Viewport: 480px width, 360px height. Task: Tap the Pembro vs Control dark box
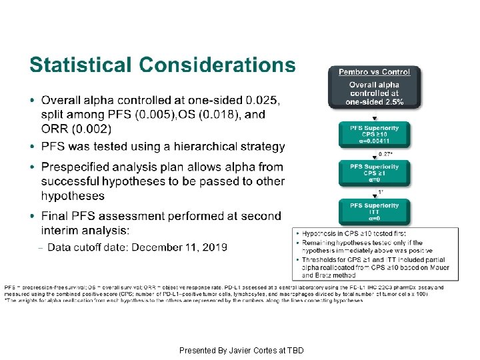(x=373, y=87)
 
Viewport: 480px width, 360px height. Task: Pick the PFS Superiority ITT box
(x=374, y=211)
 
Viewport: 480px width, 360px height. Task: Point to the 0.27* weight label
(x=385, y=154)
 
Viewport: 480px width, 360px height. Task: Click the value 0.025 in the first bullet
(x=263, y=101)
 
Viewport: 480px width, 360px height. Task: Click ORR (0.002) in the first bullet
(x=76, y=129)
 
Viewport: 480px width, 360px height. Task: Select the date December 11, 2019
(x=179, y=247)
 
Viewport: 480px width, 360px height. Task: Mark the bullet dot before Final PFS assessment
(x=33, y=216)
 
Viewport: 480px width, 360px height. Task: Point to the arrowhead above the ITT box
(x=374, y=197)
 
